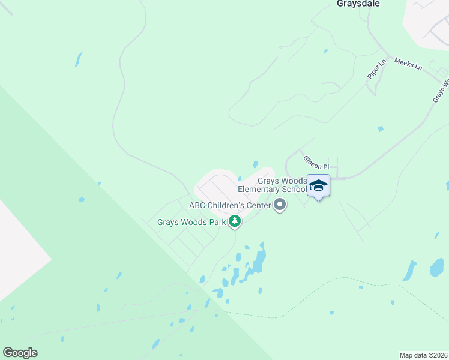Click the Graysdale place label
tap(358, 4)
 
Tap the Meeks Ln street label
tap(408, 64)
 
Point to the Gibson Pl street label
tap(316, 162)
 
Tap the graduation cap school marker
tap(318, 186)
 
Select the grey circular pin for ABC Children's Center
tap(280, 206)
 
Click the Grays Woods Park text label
tap(191, 222)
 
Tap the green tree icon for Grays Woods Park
tap(235, 222)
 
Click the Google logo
tap(20, 353)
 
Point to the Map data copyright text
tap(423, 355)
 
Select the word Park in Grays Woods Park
tap(217, 222)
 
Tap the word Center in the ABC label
tap(256, 205)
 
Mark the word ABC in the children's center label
tap(197, 205)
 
